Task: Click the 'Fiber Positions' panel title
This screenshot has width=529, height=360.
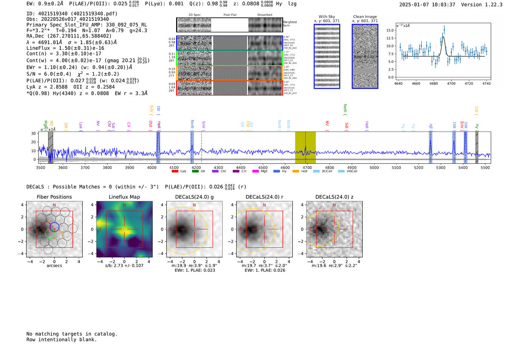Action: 54,197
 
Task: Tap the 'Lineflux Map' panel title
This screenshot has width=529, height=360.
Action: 124,197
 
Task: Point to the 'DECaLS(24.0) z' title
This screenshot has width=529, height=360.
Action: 334,197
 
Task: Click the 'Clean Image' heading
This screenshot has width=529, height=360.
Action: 365,17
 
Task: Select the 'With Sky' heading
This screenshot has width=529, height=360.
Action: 327,17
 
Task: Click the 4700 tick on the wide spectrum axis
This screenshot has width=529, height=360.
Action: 307,168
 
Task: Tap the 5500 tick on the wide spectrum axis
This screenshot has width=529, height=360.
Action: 485,168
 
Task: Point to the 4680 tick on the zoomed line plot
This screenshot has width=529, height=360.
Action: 433,83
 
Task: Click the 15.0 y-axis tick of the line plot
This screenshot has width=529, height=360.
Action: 390,30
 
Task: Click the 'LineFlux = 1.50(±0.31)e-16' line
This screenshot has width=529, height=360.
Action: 65,48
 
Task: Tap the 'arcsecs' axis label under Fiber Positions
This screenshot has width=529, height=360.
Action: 54,266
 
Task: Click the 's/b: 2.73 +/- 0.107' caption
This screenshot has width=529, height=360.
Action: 124,266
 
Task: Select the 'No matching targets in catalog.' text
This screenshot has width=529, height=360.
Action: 72,334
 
